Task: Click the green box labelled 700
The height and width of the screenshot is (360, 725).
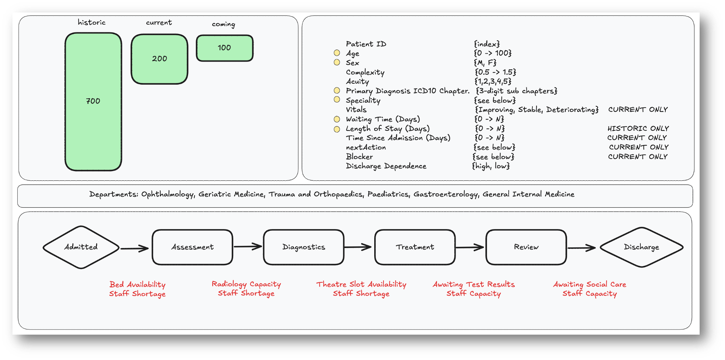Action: click(93, 101)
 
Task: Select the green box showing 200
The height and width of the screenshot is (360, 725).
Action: click(159, 59)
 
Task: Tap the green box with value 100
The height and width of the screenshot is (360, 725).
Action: click(224, 48)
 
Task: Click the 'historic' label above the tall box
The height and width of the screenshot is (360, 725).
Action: click(91, 23)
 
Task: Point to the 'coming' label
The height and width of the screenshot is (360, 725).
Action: click(223, 24)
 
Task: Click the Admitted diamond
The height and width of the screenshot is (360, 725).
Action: click(81, 247)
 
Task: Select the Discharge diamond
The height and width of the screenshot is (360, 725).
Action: click(641, 247)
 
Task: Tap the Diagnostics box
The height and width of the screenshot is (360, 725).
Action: click(303, 247)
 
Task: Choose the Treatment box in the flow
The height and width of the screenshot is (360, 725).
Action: click(414, 247)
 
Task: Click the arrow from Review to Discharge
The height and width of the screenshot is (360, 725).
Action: click(581, 248)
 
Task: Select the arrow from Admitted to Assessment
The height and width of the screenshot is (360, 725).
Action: click(135, 248)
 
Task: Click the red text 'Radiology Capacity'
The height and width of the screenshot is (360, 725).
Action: click(246, 284)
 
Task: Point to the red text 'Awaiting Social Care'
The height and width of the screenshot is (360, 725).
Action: click(589, 284)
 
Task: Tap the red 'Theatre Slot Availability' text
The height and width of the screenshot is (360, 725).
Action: click(361, 284)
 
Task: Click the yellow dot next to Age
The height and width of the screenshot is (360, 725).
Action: click(337, 53)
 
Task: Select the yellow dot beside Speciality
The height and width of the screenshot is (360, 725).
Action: click(337, 99)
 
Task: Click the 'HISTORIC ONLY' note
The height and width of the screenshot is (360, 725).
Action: click(638, 128)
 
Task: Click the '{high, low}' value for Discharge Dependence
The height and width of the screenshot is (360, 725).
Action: click(491, 166)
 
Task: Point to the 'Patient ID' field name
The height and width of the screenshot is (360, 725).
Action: click(366, 44)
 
